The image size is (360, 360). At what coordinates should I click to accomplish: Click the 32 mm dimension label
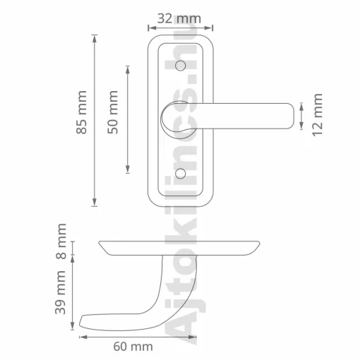tap(179, 18)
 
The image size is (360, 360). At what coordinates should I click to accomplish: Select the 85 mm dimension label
tap(81, 112)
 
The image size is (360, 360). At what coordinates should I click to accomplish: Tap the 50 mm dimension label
tap(112, 112)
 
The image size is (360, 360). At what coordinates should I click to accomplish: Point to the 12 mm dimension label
tap(317, 114)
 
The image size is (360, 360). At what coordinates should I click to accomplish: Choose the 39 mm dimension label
tap(60, 292)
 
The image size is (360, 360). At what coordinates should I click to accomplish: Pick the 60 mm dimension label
tap(133, 347)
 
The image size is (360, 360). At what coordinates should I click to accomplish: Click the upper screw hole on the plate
tap(181, 66)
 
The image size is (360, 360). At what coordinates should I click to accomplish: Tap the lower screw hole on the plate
tap(181, 174)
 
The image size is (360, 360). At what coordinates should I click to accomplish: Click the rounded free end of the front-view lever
tap(292, 116)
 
